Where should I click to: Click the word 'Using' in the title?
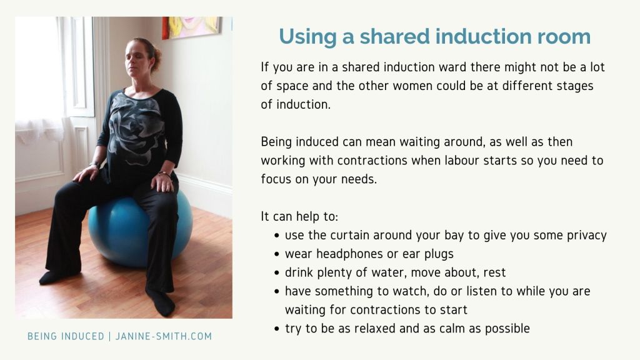(307, 37)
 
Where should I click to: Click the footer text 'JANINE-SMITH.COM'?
(164, 336)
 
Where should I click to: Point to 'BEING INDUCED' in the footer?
(66, 336)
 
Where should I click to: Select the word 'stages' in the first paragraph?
(575, 86)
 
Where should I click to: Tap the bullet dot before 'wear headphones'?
(277, 254)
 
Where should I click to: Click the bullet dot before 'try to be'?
(277, 329)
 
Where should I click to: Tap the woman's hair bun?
(156, 57)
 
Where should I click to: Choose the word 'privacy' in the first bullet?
(586, 236)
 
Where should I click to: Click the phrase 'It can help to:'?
(299, 216)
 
